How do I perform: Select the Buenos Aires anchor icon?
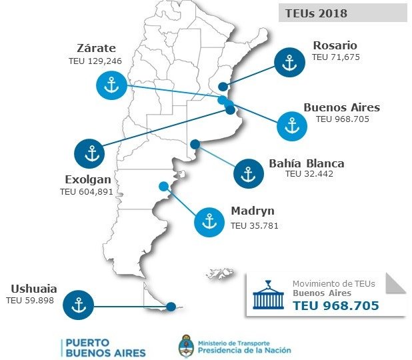(x=291, y=125)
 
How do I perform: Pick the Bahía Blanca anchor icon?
(x=249, y=174)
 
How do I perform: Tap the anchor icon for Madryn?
(x=209, y=221)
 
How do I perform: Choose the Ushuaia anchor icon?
(x=79, y=305)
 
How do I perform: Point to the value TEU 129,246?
(x=95, y=61)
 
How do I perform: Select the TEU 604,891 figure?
(x=86, y=191)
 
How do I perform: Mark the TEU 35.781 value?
(x=254, y=225)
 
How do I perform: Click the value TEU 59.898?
(x=30, y=301)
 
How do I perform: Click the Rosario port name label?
(x=335, y=45)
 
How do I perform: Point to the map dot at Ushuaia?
(x=171, y=307)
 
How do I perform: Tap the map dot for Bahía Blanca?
(x=195, y=144)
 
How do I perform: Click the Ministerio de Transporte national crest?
(x=186, y=347)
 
